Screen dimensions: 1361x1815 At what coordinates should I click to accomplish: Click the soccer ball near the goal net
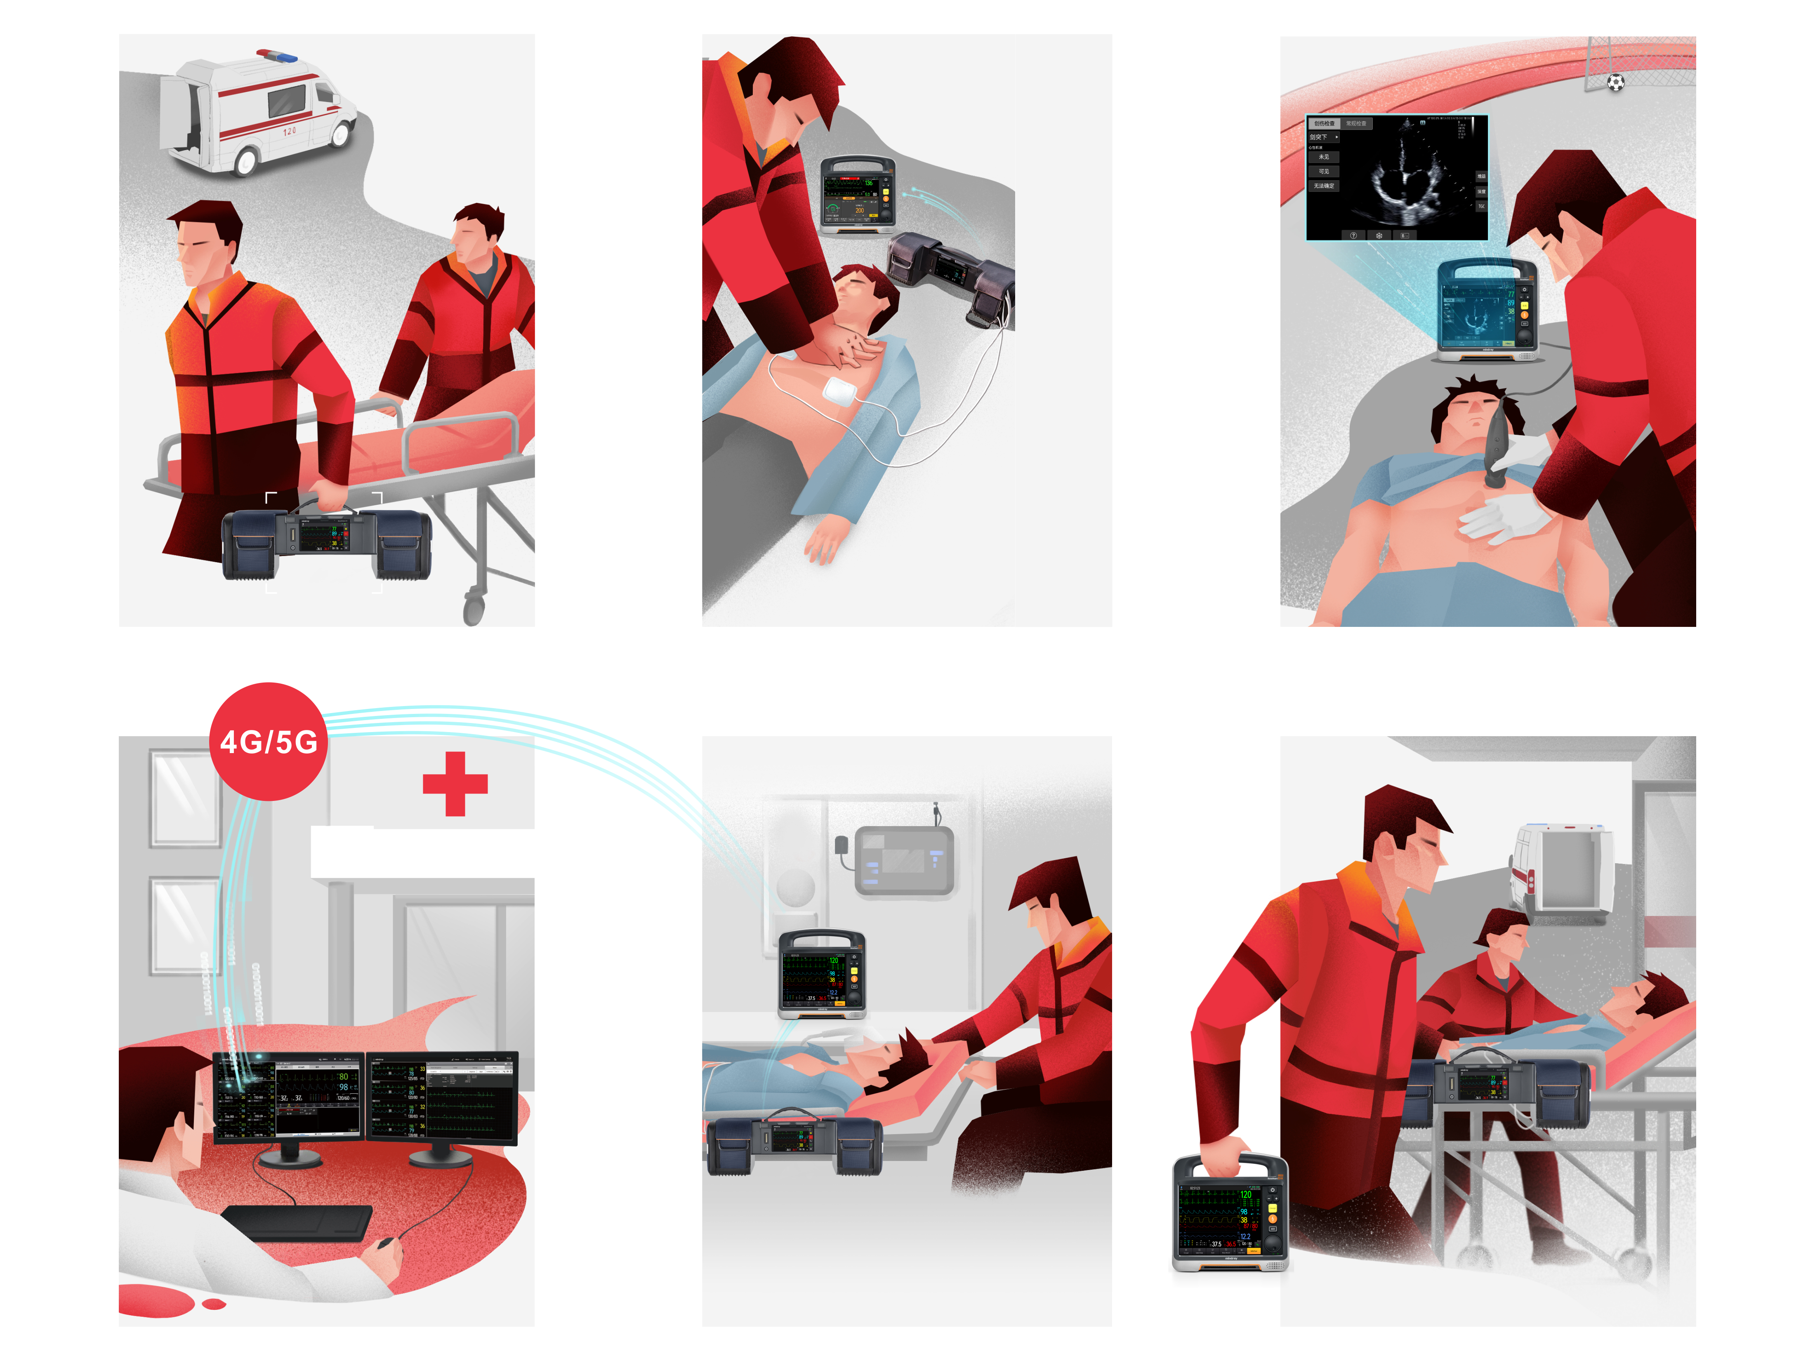[1615, 82]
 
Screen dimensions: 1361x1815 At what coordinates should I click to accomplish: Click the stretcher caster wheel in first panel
[474, 610]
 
